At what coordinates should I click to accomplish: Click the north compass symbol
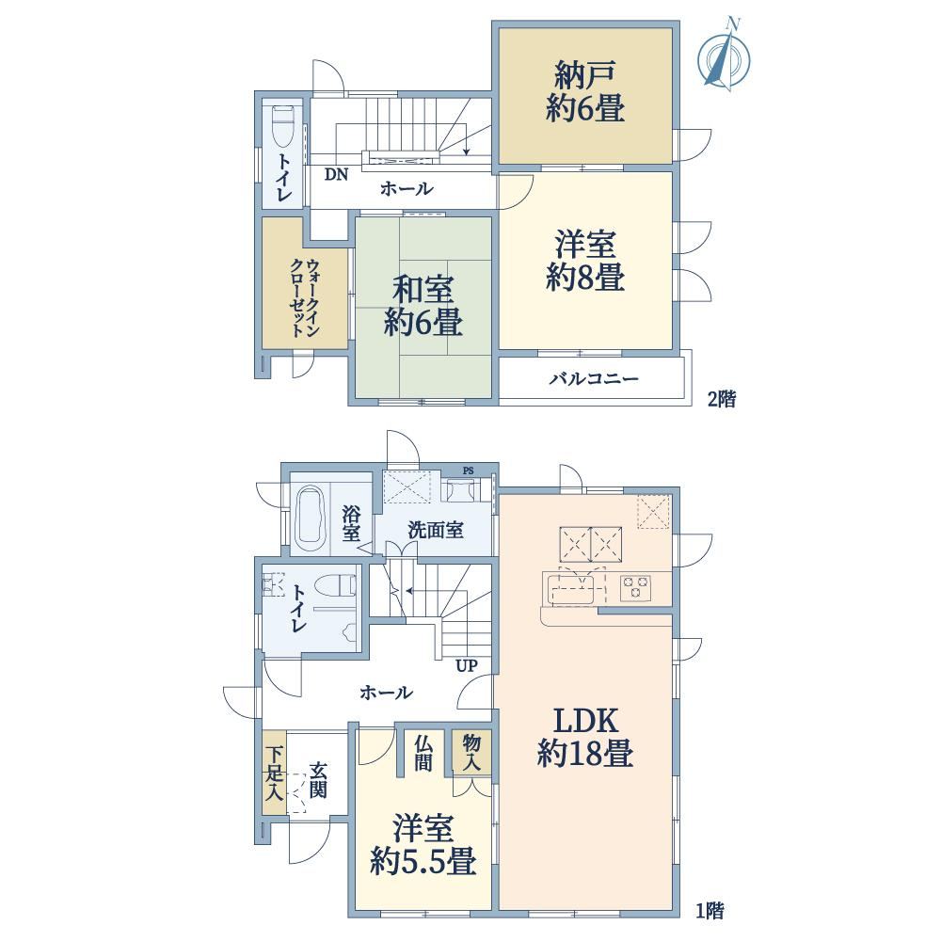point(725,56)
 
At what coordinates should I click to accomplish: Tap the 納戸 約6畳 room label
point(585,92)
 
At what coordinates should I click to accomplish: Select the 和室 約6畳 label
point(423,306)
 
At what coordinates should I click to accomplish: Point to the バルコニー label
point(594,378)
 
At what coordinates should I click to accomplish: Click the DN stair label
point(336,175)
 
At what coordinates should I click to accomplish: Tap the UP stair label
point(467,665)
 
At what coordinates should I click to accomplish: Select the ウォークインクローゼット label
point(305,297)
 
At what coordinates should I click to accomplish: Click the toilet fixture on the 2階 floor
point(282,127)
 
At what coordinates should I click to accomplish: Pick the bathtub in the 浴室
point(311,517)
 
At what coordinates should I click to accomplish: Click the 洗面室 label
point(436,531)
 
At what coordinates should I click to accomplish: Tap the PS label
point(468,471)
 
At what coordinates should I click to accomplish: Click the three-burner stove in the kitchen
point(635,586)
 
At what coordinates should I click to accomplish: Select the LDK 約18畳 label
point(585,737)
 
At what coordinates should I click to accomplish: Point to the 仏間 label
point(423,753)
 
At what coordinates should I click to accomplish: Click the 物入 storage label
point(471,753)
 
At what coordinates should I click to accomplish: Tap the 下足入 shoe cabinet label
point(274,773)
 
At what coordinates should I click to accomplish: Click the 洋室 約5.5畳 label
point(423,844)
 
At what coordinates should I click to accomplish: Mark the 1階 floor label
point(710,911)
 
